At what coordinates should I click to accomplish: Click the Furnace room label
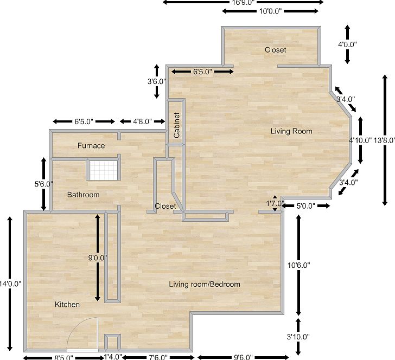[x=91, y=145]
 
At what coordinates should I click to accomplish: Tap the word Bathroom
[x=83, y=195]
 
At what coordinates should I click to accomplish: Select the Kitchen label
[x=67, y=305]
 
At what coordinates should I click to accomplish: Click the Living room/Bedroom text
[x=204, y=284]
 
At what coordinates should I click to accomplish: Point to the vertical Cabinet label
[x=177, y=125]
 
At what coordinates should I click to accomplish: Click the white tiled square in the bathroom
[x=103, y=170]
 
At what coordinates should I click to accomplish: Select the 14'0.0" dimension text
[x=10, y=284]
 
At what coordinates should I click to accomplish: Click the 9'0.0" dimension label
[x=98, y=258]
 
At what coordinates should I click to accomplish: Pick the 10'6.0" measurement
[x=298, y=265]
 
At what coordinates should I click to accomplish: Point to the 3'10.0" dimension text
[x=298, y=337]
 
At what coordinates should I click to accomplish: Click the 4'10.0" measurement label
[x=360, y=139]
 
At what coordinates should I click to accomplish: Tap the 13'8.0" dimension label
[x=384, y=139]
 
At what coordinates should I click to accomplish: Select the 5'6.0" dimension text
[x=43, y=184]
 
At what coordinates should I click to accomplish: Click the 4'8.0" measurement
[x=142, y=121]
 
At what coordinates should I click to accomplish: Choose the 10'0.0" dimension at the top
[x=270, y=11]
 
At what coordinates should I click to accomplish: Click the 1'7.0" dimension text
[x=275, y=203]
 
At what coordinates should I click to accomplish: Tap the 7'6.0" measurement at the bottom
[x=161, y=357]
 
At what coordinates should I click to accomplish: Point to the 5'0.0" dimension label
[x=307, y=206]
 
